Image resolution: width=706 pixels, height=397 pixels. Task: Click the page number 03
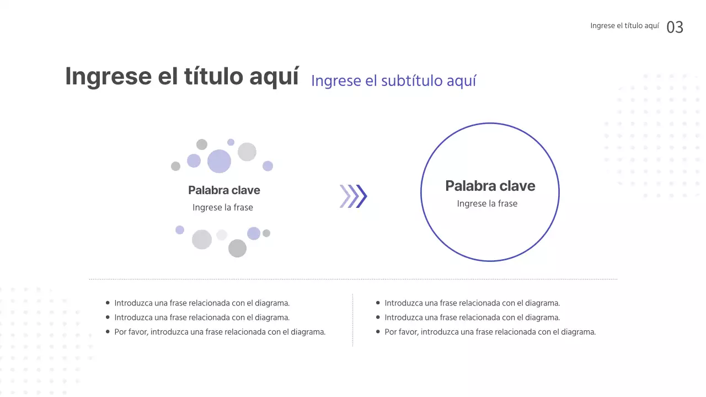[675, 27]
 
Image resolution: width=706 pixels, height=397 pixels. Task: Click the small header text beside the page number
[624, 26]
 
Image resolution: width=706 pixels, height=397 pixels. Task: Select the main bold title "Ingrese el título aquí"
[182, 76]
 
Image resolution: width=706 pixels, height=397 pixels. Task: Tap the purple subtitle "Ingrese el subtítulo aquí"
[393, 81]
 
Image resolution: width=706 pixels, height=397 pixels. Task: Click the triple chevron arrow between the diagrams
[353, 196]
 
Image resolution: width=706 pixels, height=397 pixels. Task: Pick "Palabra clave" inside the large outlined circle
[490, 186]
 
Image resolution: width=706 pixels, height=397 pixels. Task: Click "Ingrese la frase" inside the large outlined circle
[487, 203]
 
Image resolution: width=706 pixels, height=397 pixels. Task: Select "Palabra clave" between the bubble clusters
[224, 190]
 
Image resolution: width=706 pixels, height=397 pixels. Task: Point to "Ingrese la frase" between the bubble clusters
[223, 207]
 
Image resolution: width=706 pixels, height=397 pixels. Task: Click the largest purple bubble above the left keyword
[219, 161]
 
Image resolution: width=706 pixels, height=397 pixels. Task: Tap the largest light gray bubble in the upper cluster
[247, 152]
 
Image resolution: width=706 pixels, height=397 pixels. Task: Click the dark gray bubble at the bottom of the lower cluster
[237, 248]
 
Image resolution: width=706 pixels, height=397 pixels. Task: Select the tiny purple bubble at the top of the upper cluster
[231, 142]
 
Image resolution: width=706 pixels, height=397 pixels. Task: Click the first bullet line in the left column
[202, 303]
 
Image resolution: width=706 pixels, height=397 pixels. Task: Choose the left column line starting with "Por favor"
[220, 332]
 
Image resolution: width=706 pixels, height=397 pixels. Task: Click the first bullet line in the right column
[472, 303]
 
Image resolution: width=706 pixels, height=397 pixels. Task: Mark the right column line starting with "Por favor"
[490, 332]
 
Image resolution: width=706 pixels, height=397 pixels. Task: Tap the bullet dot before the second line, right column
[378, 317]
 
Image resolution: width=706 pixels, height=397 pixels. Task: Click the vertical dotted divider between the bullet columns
[352, 320]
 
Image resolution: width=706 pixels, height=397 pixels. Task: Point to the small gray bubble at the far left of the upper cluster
[175, 166]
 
